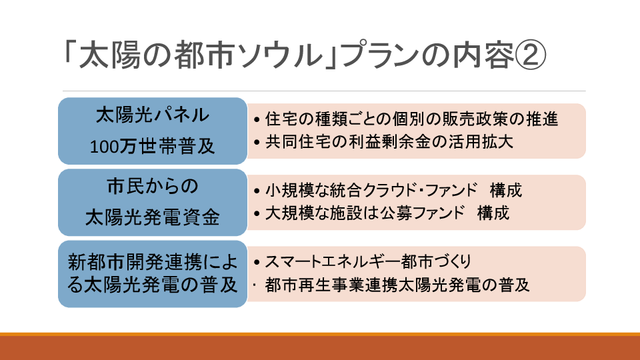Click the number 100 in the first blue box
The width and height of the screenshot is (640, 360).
click(104, 147)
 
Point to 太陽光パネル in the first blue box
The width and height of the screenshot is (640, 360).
click(152, 115)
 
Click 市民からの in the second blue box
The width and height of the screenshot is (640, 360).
click(152, 186)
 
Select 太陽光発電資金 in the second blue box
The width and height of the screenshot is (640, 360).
click(152, 217)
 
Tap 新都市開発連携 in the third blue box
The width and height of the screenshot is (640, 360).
click(135, 261)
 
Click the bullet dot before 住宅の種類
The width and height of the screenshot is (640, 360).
click(256, 119)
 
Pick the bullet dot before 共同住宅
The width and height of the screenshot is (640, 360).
click(256, 143)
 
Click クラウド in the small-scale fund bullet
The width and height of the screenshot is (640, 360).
click(387, 190)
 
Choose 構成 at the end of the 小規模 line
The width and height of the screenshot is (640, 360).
click(506, 190)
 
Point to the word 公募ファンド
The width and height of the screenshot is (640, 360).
click(423, 213)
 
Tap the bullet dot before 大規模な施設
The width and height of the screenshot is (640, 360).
click(256, 213)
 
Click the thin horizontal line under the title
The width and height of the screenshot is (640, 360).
click(324, 91)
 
